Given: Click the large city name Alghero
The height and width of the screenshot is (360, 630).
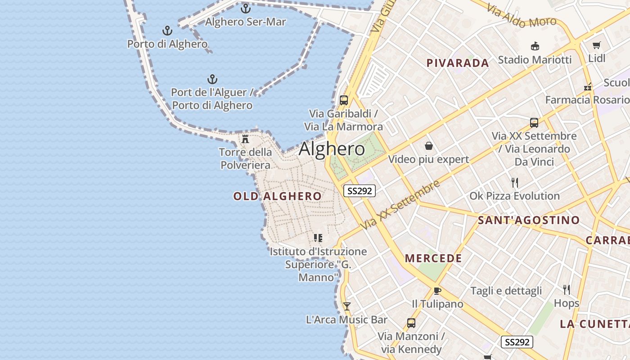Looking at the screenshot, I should [x=332, y=149].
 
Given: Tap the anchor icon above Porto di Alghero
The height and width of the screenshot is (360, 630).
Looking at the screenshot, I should [x=167, y=31].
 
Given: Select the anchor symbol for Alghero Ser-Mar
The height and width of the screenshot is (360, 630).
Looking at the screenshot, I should [x=245, y=8].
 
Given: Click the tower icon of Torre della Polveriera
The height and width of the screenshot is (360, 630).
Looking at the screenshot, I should [x=245, y=139].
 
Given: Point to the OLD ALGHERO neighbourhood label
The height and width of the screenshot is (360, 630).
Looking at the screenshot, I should [x=277, y=196].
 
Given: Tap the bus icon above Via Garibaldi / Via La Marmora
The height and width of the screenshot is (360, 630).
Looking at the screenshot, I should [x=344, y=100].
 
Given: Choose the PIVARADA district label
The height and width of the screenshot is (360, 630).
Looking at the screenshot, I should [x=458, y=63].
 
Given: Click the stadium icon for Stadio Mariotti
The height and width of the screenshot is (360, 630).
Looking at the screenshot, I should [x=535, y=46].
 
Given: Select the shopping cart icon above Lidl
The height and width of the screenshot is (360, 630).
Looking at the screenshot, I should [x=597, y=45].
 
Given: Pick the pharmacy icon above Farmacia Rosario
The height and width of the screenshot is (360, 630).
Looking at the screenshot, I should [x=587, y=86].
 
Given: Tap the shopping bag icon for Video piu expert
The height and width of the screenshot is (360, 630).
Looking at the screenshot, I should [x=428, y=146].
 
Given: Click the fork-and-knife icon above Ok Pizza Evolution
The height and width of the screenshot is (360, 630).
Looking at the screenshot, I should [x=515, y=182].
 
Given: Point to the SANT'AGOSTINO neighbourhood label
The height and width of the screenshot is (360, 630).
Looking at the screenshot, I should [x=529, y=220].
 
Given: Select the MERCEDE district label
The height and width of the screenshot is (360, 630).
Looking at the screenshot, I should [x=433, y=258].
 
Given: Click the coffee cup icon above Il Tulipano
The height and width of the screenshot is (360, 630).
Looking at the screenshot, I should [x=437, y=290].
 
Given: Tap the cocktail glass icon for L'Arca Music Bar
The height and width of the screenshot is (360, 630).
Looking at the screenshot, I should [x=346, y=306].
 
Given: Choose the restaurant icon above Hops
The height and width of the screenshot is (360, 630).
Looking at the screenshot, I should [x=566, y=289].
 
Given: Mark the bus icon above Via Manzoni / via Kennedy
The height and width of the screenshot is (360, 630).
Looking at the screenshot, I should [x=411, y=323].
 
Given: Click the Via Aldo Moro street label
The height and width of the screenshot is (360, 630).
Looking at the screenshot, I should [x=522, y=16].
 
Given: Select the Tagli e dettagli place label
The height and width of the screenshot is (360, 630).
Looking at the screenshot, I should [x=506, y=291].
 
